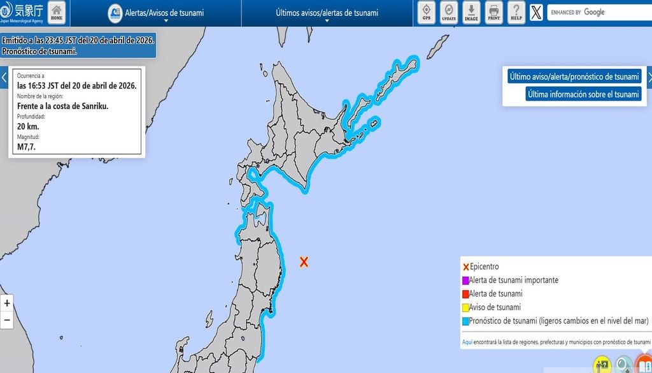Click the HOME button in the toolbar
click(57, 12)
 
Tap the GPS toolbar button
click(427, 12)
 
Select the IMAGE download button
click(471, 12)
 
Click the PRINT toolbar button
click(493, 12)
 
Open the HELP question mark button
click(516, 12)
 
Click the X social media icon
click(536, 12)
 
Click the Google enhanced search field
click(599, 12)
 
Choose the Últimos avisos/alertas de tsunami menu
click(327, 13)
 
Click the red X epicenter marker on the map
click(304, 261)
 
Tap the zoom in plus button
click(7, 304)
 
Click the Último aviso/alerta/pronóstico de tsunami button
click(574, 77)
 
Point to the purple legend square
click(465, 281)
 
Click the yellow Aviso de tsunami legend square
click(465, 308)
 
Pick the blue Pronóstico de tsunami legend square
click(465, 321)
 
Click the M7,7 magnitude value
click(26, 147)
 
